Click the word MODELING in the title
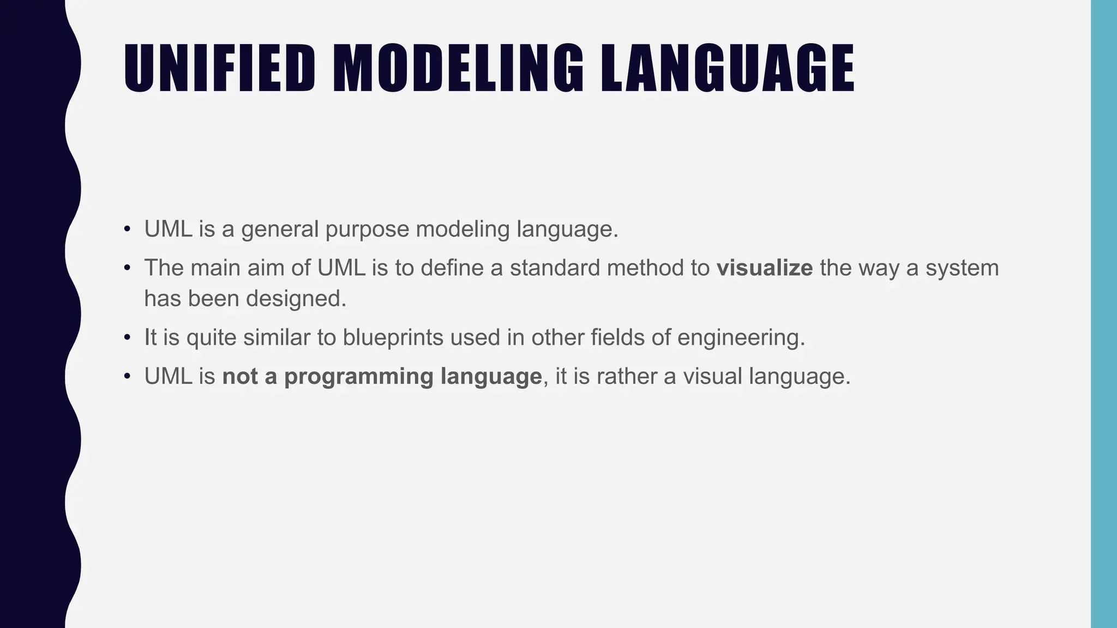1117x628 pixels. (x=458, y=68)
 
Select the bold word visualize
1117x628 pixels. (x=764, y=268)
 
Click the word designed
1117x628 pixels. (x=296, y=299)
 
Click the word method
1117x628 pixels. (x=640, y=268)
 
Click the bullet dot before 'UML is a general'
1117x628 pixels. (x=127, y=229)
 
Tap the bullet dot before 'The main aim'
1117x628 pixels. (x=127, y=268)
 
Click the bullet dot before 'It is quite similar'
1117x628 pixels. (x=127, y=337)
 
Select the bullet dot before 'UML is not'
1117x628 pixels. (x=127, y=377)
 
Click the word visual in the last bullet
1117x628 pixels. (x=712, y=377)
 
